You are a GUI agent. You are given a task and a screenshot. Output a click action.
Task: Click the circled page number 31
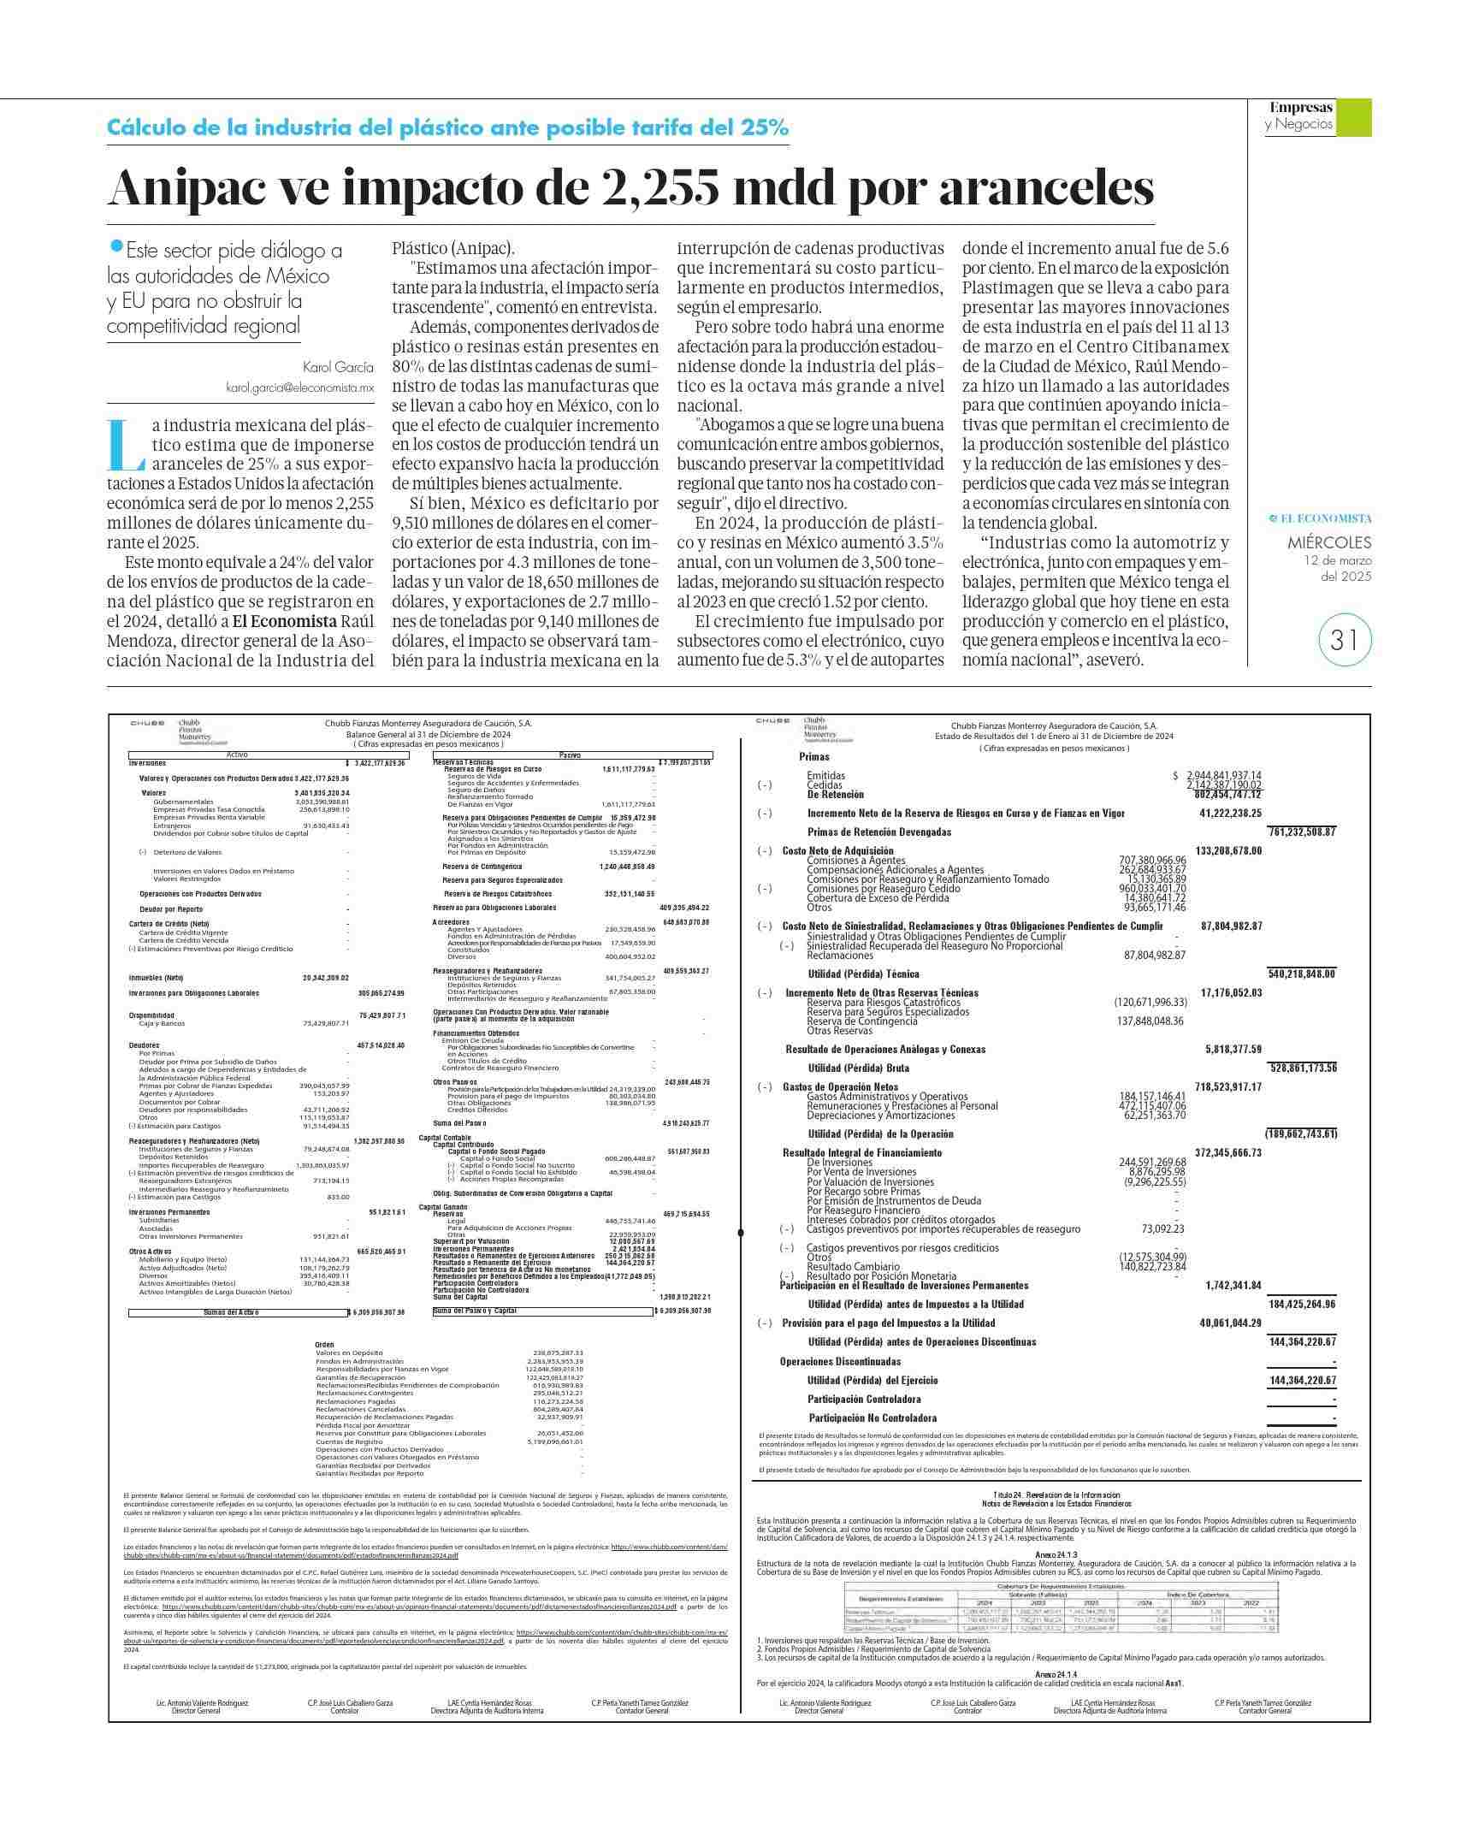click(1345, 640)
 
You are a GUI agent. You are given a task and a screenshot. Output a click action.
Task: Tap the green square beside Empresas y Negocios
click(1353, 117)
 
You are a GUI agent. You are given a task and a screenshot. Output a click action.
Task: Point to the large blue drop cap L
click(127, 445)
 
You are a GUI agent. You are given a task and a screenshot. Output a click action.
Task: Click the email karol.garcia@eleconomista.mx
click(299, 388)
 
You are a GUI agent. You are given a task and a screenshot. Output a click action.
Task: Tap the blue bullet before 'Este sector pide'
click(116, 246)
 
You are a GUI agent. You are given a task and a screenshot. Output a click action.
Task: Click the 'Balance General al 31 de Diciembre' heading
click(428, 734)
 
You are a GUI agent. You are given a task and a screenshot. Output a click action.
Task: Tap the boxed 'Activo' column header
click(237, 755)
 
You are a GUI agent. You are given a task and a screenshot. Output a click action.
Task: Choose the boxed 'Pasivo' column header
click(570, 755)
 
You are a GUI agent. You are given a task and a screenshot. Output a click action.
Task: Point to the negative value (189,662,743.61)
click(1301, 1133)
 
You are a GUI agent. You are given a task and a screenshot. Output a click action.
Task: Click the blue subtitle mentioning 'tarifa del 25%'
click(447, 128)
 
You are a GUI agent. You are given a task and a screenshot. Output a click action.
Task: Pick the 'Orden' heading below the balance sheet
click(324, 1345)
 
